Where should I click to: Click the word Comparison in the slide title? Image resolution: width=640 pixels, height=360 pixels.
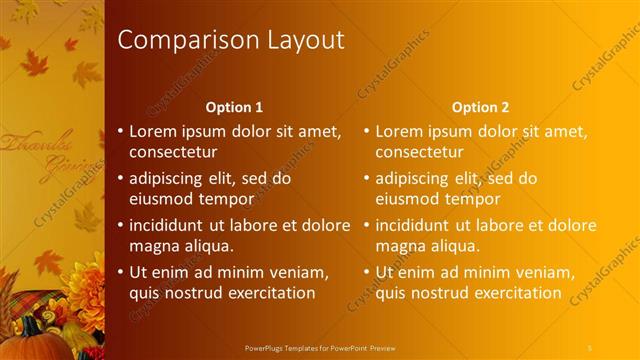click(181, 40)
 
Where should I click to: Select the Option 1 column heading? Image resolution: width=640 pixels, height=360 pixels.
click(234, 107)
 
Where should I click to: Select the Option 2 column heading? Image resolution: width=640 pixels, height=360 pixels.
click(480, 107)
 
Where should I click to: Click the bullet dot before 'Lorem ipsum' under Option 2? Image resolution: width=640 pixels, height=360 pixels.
click(366, 131)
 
